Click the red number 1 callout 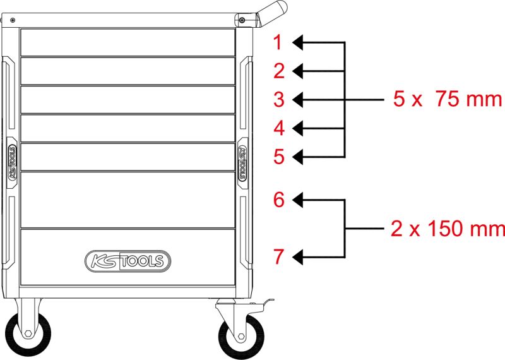[x=278, y=42]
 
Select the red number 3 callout [x=279, y=99]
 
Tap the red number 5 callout [x=279, y=157]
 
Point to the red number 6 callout [x=279, y=200]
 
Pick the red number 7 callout [x=279, y=257]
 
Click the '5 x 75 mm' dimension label [x=448, y=99]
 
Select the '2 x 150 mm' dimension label [x=448, y=229]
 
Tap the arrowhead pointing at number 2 [x=297, y=71]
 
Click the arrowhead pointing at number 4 [x=297, y=128]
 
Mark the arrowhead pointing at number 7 [x=297, y=257]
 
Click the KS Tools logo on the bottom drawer [x=128, y=261]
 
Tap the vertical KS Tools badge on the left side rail [x=12, y=162]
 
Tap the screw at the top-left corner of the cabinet [x=12, y=20]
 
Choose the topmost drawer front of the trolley [x=128, y=42]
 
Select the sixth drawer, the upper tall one [x=128, y=200]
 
